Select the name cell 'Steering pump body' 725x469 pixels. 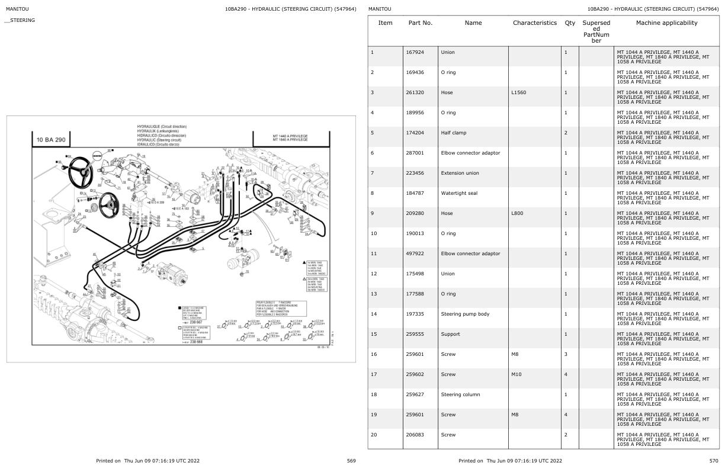click(464, 314)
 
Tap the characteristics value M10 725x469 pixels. click(517, 374)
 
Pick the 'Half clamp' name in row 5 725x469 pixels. click(453, 133)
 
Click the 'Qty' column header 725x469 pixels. click(569, 23)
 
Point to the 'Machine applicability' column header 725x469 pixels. click(666, 23)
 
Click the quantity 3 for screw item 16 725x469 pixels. click(566, 354)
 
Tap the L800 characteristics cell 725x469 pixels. click(518, 213)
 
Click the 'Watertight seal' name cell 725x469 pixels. click(458, 193)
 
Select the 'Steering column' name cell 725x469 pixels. click(460, 394)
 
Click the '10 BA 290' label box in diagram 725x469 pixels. click(51, 140)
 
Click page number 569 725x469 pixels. click(351, 461)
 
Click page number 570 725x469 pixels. click(714, 461)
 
